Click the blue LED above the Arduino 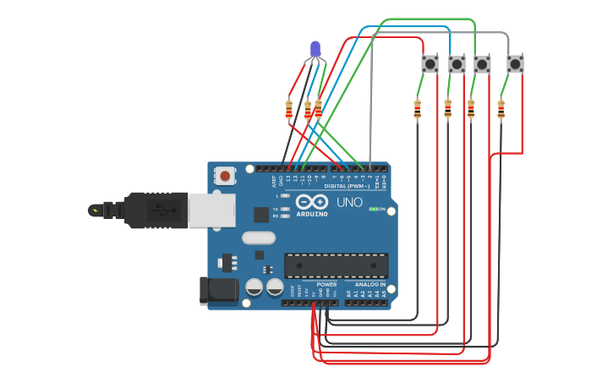click(316, 50)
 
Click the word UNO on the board click(349, 203)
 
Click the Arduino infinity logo click(312, 201)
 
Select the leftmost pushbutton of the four click(430, 63)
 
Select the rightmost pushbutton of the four click(515, 63)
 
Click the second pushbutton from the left click(457, 64)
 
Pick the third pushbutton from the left click(482, 64)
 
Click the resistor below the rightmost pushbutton click(501, 109)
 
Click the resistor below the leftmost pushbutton click(417, 108)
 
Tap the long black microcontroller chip click(336, 265)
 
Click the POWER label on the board click(326, 284)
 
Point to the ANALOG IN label click(369, 284)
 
